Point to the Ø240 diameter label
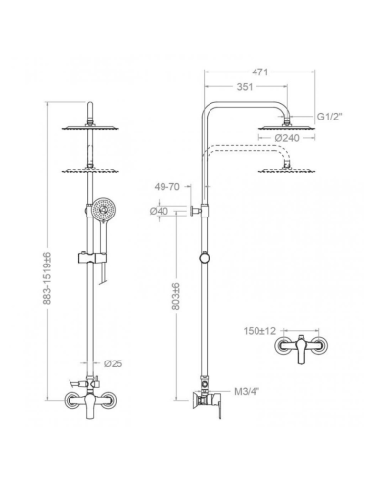coord(288,140)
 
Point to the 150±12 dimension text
coord(260,332)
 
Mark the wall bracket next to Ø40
coord(196,211)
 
